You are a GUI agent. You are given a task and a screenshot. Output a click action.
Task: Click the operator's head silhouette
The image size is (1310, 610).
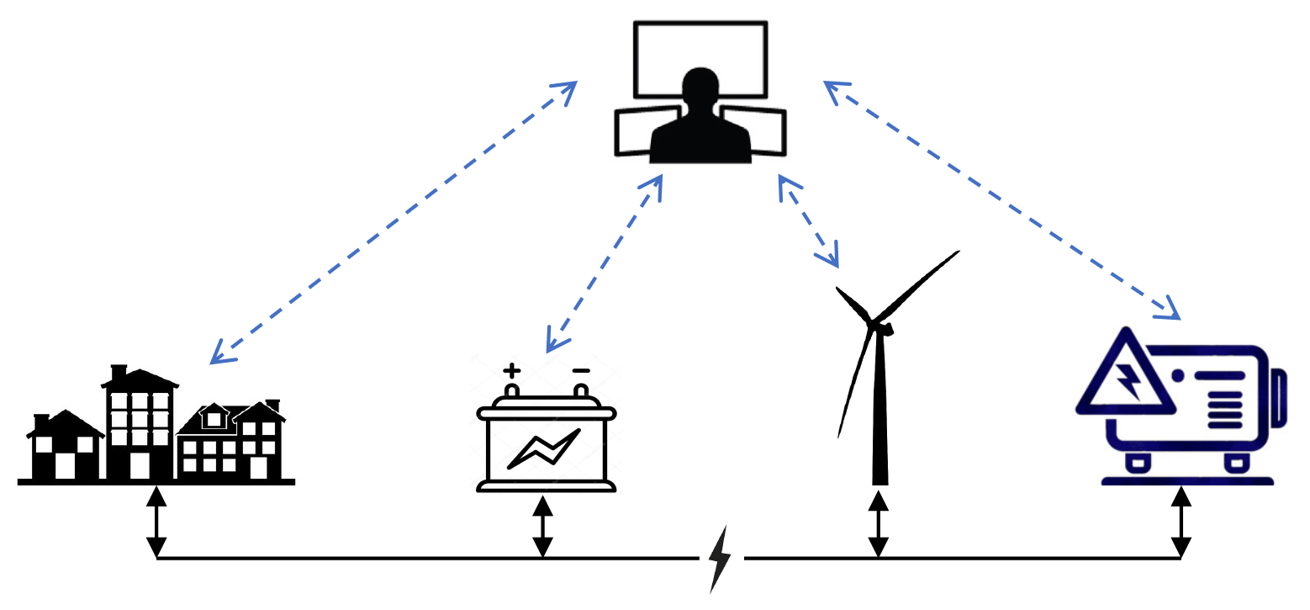(x=700, y=88)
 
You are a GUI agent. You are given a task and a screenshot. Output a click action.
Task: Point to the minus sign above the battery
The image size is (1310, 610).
(x=580, y=370)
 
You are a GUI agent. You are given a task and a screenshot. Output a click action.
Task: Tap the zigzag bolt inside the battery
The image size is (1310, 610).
(x=544, y=448)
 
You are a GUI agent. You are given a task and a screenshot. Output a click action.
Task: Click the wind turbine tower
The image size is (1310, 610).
(x=879, y=412)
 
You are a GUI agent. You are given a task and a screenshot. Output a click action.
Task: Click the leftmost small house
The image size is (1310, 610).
(x=66, y=446)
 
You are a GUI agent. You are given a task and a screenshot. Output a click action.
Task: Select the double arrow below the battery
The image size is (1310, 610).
(x=543, y=526)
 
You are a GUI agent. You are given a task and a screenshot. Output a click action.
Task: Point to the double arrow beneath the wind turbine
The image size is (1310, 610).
(x=879, y=523)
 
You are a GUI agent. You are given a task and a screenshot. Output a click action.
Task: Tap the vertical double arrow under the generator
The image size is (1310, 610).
(x=1181, y=522)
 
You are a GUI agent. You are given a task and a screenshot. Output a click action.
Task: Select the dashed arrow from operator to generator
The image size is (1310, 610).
(x=1002, y=200)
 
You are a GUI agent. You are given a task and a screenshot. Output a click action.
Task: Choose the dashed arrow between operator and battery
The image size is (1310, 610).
(x=605, y=263)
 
